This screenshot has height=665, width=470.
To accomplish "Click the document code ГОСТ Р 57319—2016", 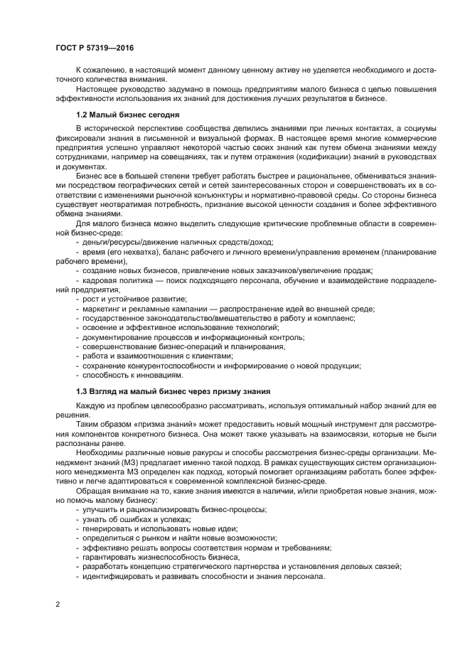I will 95,48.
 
